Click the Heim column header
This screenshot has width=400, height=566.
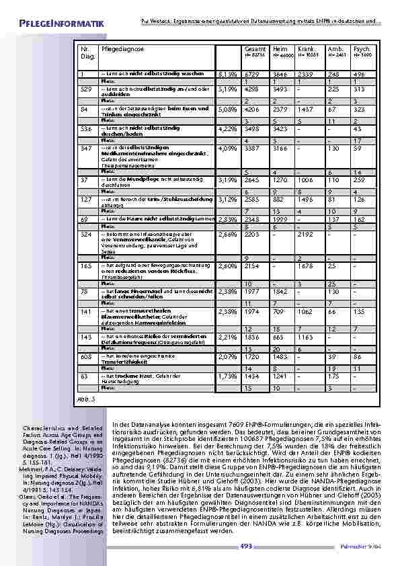[282, 49]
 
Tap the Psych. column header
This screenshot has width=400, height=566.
[362, 49]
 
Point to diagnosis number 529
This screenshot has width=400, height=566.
[86, 88]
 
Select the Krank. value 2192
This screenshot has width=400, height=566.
[307, 234]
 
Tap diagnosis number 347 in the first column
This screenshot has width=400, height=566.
[86, 147]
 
